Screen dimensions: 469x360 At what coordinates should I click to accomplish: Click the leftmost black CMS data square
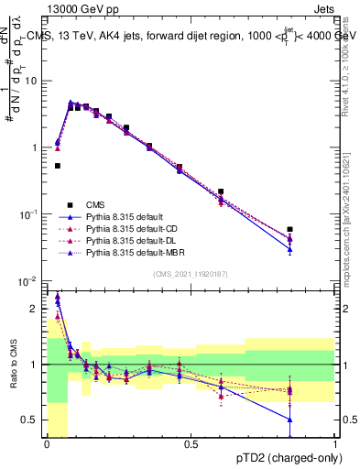coord(58,166)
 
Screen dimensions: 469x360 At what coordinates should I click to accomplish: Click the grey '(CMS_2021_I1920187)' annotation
coord(191,273)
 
